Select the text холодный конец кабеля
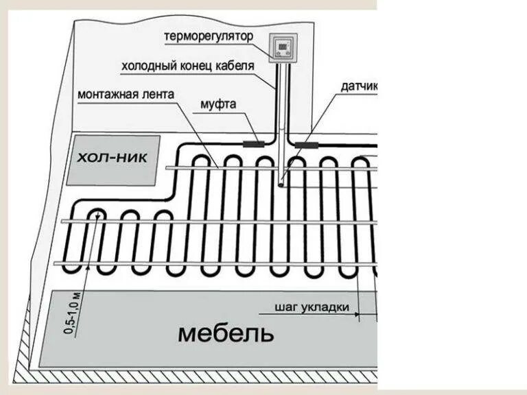point(187,66)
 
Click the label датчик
point(358,87)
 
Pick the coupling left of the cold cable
point(255,144)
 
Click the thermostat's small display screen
point(282,45)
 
